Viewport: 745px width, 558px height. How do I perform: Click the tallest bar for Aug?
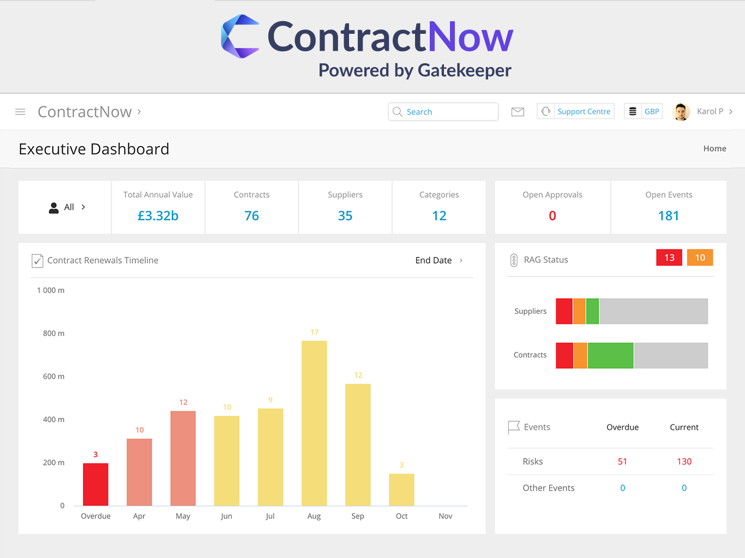(x=314, y=423)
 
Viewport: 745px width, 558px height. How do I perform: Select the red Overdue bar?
(x=95, y=484)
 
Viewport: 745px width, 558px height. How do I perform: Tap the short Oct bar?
(x=401, y=489)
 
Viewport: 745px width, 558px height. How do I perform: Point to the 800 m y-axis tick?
(x=53, y=333)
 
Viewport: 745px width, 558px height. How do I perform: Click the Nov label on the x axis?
(x=445, y=516)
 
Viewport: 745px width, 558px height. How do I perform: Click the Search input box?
(x=443, y=112)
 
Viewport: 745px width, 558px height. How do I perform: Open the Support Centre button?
(x=575, y=111)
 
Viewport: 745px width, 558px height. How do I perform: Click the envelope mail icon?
(x=518, y=112)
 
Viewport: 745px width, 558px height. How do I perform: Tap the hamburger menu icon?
(x=20, y=112)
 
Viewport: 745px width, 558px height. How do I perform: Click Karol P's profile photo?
(x=681, y=112)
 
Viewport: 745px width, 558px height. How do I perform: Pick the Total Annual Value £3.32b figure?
(x=158, y=216)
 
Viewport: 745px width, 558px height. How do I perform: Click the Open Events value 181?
(x=668, y=216)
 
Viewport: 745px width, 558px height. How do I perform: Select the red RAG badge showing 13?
(x=669, y=258)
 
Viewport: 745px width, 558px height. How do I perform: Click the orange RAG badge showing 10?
(x=700, y=258)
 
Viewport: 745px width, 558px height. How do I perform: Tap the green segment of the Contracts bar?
(x=610, y=355)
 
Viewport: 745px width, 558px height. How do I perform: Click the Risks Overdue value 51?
(x=622, y=462)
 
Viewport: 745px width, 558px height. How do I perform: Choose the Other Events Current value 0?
(x=684, y=488)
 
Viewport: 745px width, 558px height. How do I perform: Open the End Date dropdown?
(x=438, y=260)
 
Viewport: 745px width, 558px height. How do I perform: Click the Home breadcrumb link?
(x=714, y=149)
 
